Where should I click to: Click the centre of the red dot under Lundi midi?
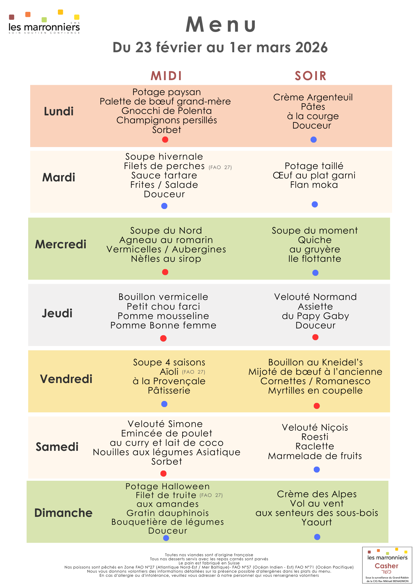[165, 139]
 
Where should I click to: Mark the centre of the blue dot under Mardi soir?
[315, 204]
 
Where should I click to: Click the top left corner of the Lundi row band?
[30, 85]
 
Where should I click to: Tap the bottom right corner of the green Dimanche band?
[388, 543]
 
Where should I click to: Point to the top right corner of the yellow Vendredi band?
[390, 350]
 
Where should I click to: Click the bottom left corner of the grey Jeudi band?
[28, 346]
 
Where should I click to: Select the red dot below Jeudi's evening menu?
[316, 337]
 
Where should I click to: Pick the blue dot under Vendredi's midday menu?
[164, 404]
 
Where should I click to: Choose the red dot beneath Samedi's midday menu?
[163, 473]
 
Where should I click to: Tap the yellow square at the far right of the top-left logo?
[77, 17]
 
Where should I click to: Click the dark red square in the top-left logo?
[11, 17]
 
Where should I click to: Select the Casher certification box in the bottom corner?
[387, 565]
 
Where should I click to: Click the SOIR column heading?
[311, 76]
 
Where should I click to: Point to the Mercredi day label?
[61, 244]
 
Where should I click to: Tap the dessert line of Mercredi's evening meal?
[315, 259]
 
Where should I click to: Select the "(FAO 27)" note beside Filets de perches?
[220, 168]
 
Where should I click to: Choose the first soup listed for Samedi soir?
[315, 428]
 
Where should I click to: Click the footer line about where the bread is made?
[209, 563]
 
